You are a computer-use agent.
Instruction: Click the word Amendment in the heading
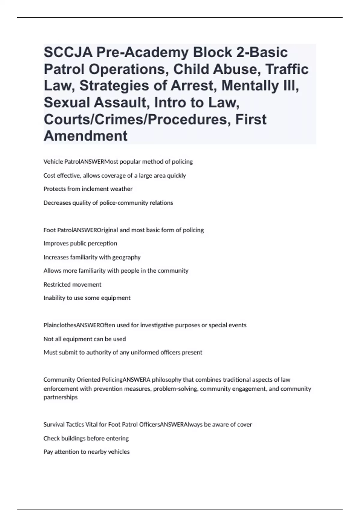click(85, 136)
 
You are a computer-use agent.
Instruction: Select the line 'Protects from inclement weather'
click(88, 189)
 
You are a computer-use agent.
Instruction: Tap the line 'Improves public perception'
click(80, 243)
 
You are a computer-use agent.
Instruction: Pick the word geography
click(126, 257)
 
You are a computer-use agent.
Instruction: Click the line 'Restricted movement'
click(72, 284)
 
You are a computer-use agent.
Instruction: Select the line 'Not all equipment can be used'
click(85, 339)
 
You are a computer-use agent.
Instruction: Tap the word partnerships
click(60, 397)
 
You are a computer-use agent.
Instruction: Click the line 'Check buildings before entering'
click(86, 438)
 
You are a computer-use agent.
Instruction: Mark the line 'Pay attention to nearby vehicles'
click(86, 452)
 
